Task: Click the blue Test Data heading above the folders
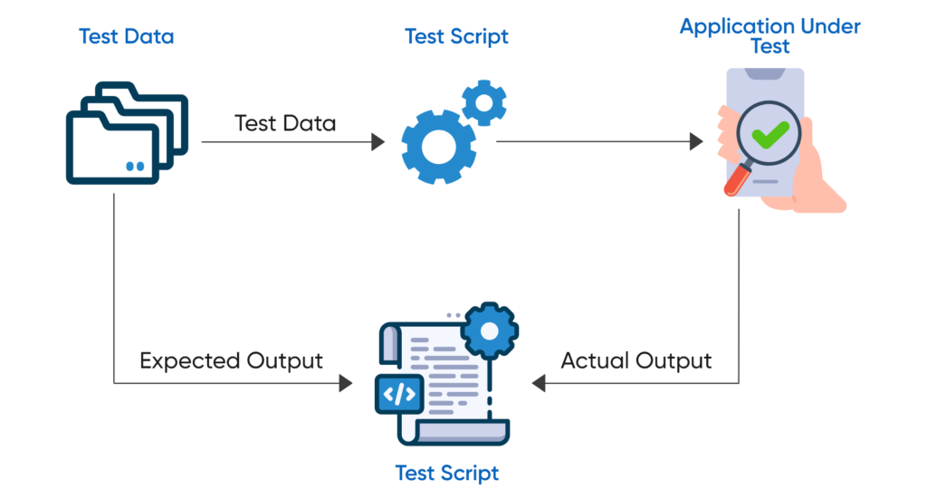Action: (126, 37)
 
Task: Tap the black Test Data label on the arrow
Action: (284, 124)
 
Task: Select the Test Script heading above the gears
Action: (456, 37)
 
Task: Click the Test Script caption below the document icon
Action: (447, 473)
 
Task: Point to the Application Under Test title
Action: (769, 35)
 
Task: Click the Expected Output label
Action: (231, 361)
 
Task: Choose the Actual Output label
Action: (636, 361)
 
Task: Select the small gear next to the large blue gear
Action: (484, 102)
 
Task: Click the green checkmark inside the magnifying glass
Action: (769, 136)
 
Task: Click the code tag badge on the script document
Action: (399, 395)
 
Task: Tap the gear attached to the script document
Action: (489, 331)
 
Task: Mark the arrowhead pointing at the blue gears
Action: (378, 142)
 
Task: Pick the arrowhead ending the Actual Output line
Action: (538, 384)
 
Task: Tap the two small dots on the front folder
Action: (135, 167)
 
